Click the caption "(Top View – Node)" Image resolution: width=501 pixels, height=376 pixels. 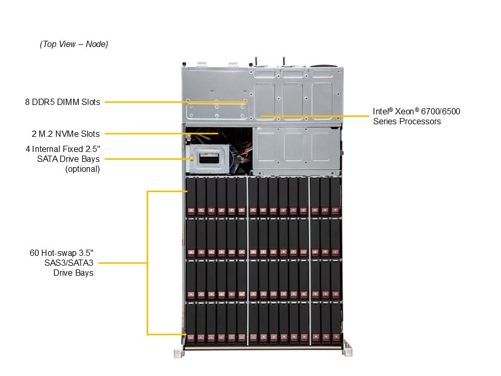point(74,44)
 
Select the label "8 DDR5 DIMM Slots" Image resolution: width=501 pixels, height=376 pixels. point(62,102)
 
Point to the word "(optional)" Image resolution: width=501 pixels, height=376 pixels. point(82,169)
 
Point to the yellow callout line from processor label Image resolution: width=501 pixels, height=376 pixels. point(313,116)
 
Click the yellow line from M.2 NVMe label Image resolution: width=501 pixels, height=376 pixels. point(157,134)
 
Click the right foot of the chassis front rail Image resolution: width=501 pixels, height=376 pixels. point(348,352)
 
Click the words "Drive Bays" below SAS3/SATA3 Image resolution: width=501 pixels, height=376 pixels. point(73,273)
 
